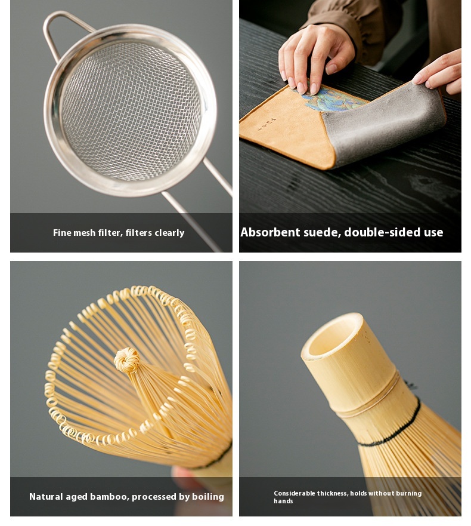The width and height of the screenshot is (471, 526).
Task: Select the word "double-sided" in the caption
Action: coord(383,232)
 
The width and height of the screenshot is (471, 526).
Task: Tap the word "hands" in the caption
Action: coord(283,501)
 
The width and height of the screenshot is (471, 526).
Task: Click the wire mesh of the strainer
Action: coord(131,110)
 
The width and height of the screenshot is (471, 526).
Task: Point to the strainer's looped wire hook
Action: coord(64,32)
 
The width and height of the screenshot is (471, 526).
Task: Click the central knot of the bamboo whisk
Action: coord(127,360)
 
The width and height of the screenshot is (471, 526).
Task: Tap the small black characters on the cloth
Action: coord(267,124)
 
